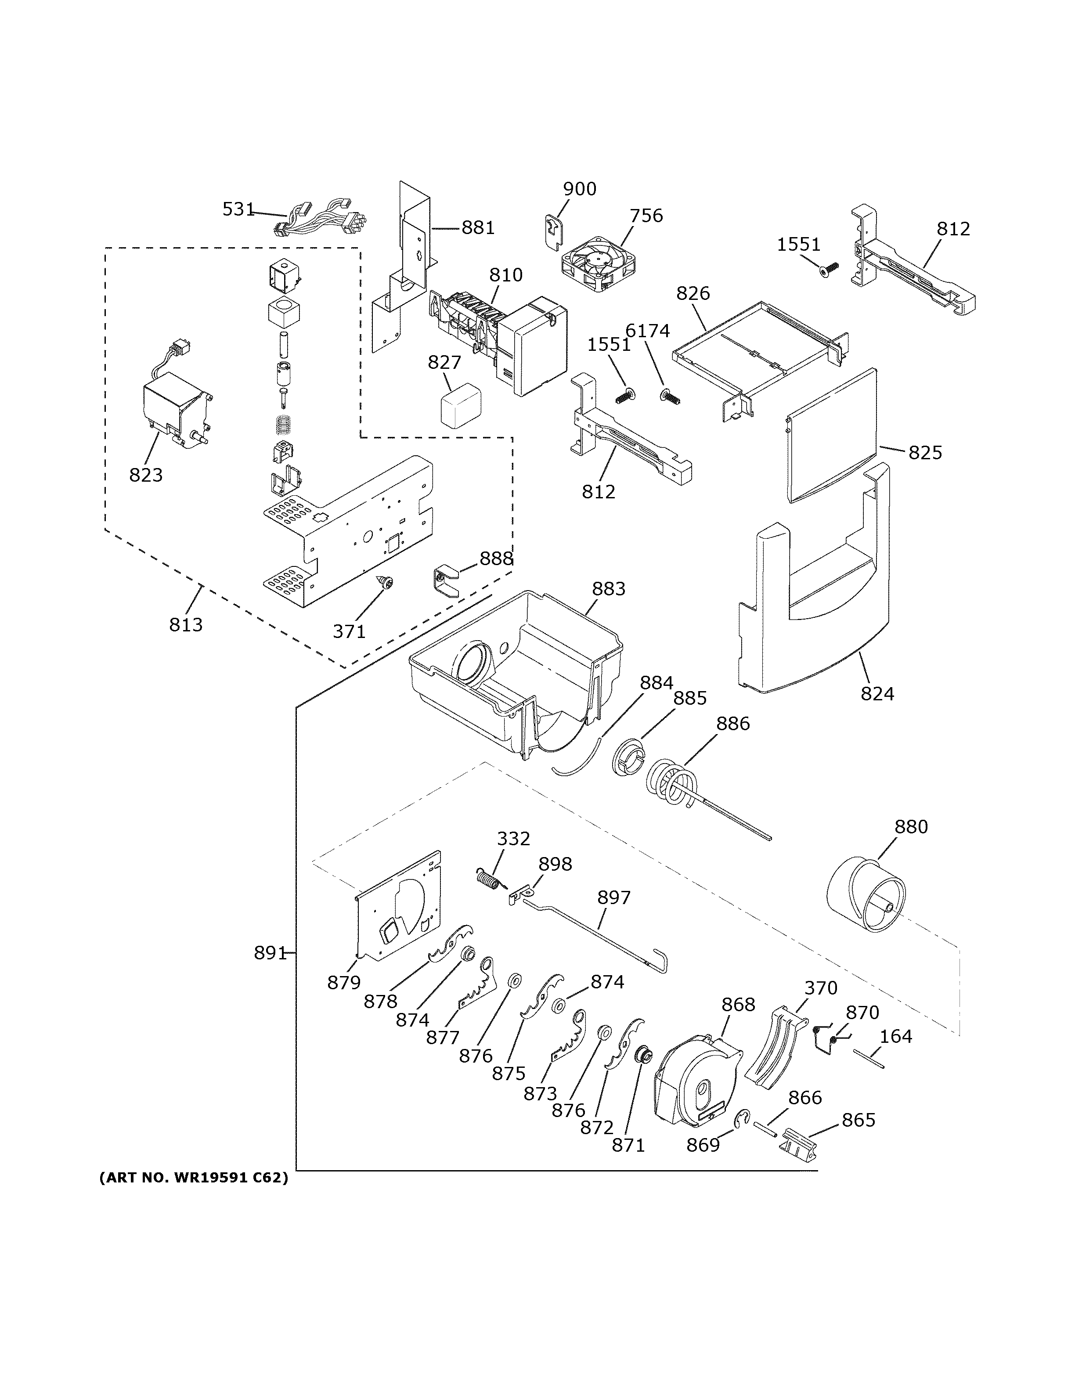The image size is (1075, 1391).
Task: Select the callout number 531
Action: [x=238, y=209]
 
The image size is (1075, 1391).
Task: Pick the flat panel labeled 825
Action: [x=831, y=436]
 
